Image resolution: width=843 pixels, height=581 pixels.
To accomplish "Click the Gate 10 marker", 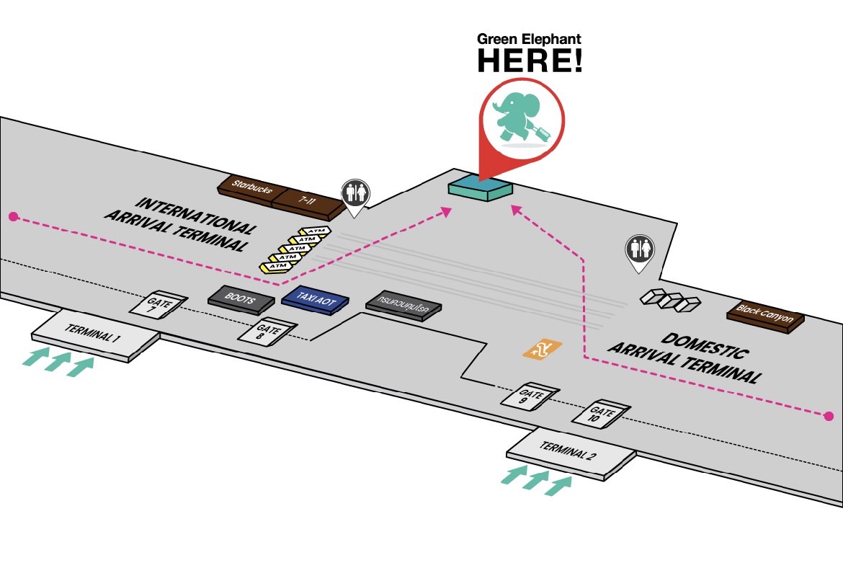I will click(x=601, y=412).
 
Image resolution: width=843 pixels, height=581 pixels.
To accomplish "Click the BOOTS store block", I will click(x=241, y=298).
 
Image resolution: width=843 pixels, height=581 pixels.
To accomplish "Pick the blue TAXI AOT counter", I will click(x=316, y=298).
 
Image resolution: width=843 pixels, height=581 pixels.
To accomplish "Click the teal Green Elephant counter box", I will click(x=480, y=187).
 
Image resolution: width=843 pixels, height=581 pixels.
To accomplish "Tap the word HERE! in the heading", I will click(x=529, y=61).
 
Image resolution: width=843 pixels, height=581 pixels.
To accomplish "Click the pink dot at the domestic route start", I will click(x=829, y=416).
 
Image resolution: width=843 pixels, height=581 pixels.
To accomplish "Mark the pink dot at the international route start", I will click(x=13, y=216).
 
